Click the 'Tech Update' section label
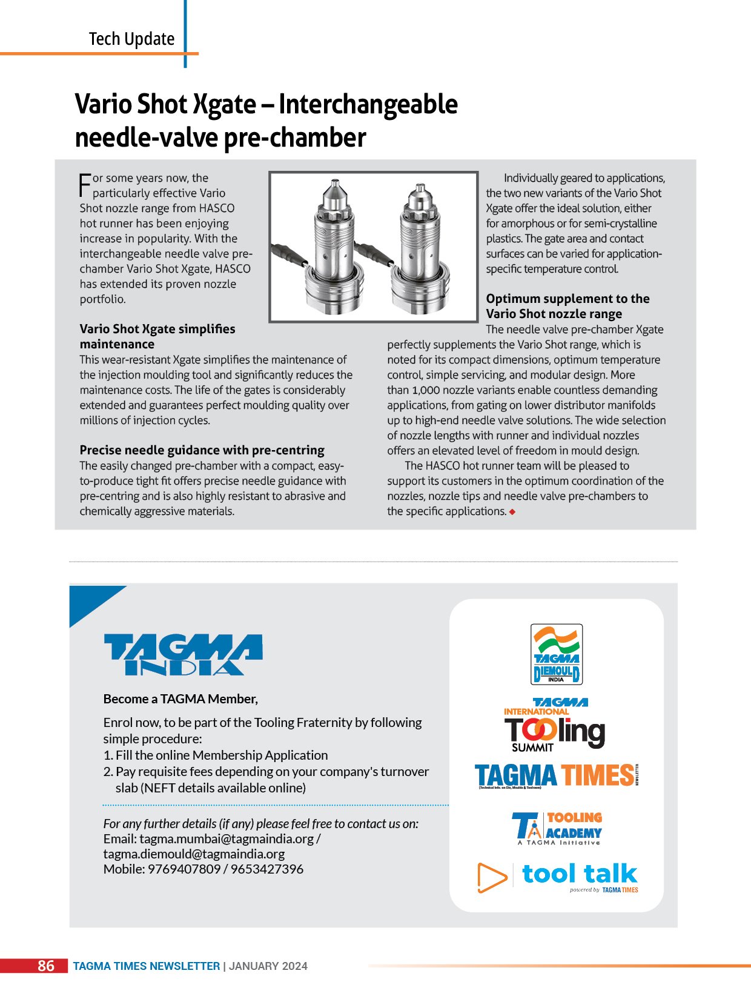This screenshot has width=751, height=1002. tap(131, 39)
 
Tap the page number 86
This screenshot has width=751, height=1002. tap(46, 966)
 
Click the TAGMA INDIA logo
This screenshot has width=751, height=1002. tap(184, 654)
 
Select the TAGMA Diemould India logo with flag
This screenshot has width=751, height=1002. tap(557, 654)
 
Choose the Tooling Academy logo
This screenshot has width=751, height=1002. tap(557, 828)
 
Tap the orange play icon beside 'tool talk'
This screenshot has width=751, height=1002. tap(491, 877)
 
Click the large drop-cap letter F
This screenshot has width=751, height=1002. tap(85, 185)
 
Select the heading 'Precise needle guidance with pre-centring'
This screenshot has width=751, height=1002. tap(202, 450)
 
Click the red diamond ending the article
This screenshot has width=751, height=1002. tap(512, 512)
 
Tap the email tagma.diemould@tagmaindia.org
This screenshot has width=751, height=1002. tap(194, 854)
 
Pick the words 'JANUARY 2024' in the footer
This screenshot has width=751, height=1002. tap(268, 966)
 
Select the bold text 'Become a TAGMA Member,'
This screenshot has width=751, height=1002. tap(180, 699)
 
